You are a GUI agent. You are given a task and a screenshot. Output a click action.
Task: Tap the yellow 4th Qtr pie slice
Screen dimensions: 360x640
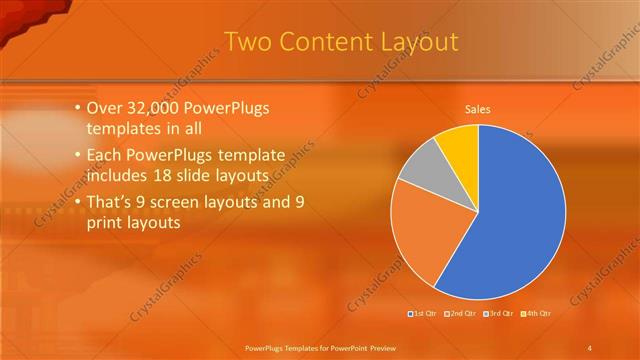(461, 143)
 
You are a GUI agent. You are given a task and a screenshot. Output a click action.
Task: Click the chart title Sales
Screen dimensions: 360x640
(478, 109)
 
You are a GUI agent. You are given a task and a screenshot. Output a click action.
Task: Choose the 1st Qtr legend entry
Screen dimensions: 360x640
(425, 314)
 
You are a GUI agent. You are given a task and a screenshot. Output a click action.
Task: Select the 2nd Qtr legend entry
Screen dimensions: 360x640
(460, 314)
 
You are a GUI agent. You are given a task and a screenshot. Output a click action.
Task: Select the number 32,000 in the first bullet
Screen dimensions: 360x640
(156, 107)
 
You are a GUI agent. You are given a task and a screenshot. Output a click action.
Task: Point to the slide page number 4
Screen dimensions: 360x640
(590, 347)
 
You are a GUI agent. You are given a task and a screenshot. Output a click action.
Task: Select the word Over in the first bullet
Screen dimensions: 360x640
(105, 107)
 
